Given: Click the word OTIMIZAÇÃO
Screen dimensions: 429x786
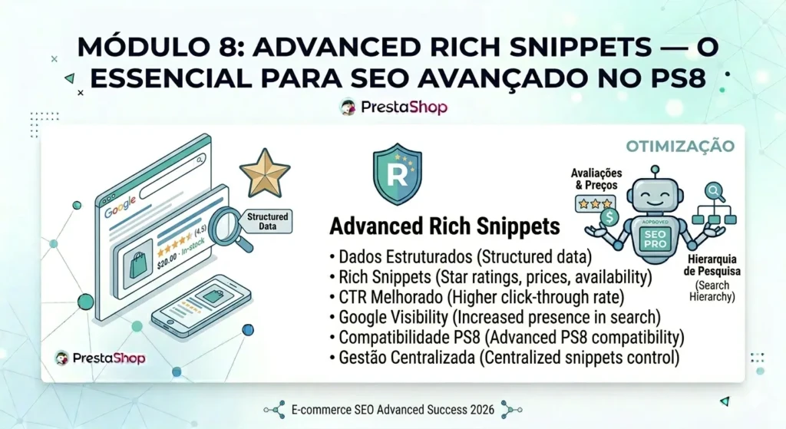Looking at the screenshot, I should tap(679, 146).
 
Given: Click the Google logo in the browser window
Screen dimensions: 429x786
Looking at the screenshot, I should tap(121, 210).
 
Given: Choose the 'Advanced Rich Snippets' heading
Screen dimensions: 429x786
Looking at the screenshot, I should tap(444, 226).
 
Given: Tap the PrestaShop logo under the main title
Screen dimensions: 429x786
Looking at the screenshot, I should tap(393, 107).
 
